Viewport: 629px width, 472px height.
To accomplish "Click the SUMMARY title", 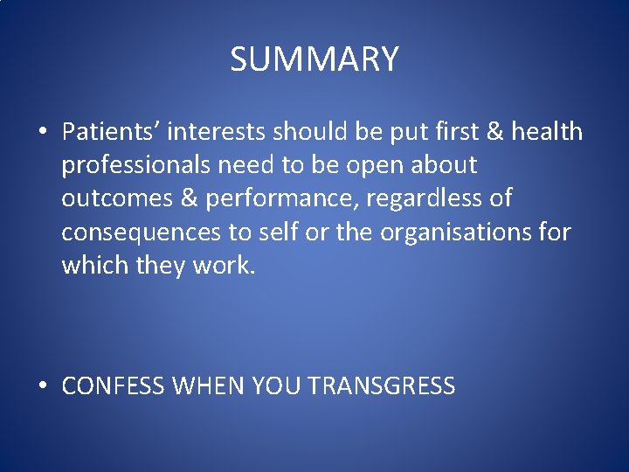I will [x=314, y=59].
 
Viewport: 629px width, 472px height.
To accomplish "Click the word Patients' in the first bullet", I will [x=110, y=132].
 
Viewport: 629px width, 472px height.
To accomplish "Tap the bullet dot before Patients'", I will [x=43, y=133].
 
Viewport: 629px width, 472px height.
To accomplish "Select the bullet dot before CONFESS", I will [x=43, y=386].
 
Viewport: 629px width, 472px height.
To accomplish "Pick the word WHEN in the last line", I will [x=210, y=386].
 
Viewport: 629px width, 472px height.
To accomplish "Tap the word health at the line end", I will [x=547, y=132].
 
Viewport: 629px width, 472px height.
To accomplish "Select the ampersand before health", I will [x=494, y=132].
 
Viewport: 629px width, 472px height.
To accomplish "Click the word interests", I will [x=218, y=132].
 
